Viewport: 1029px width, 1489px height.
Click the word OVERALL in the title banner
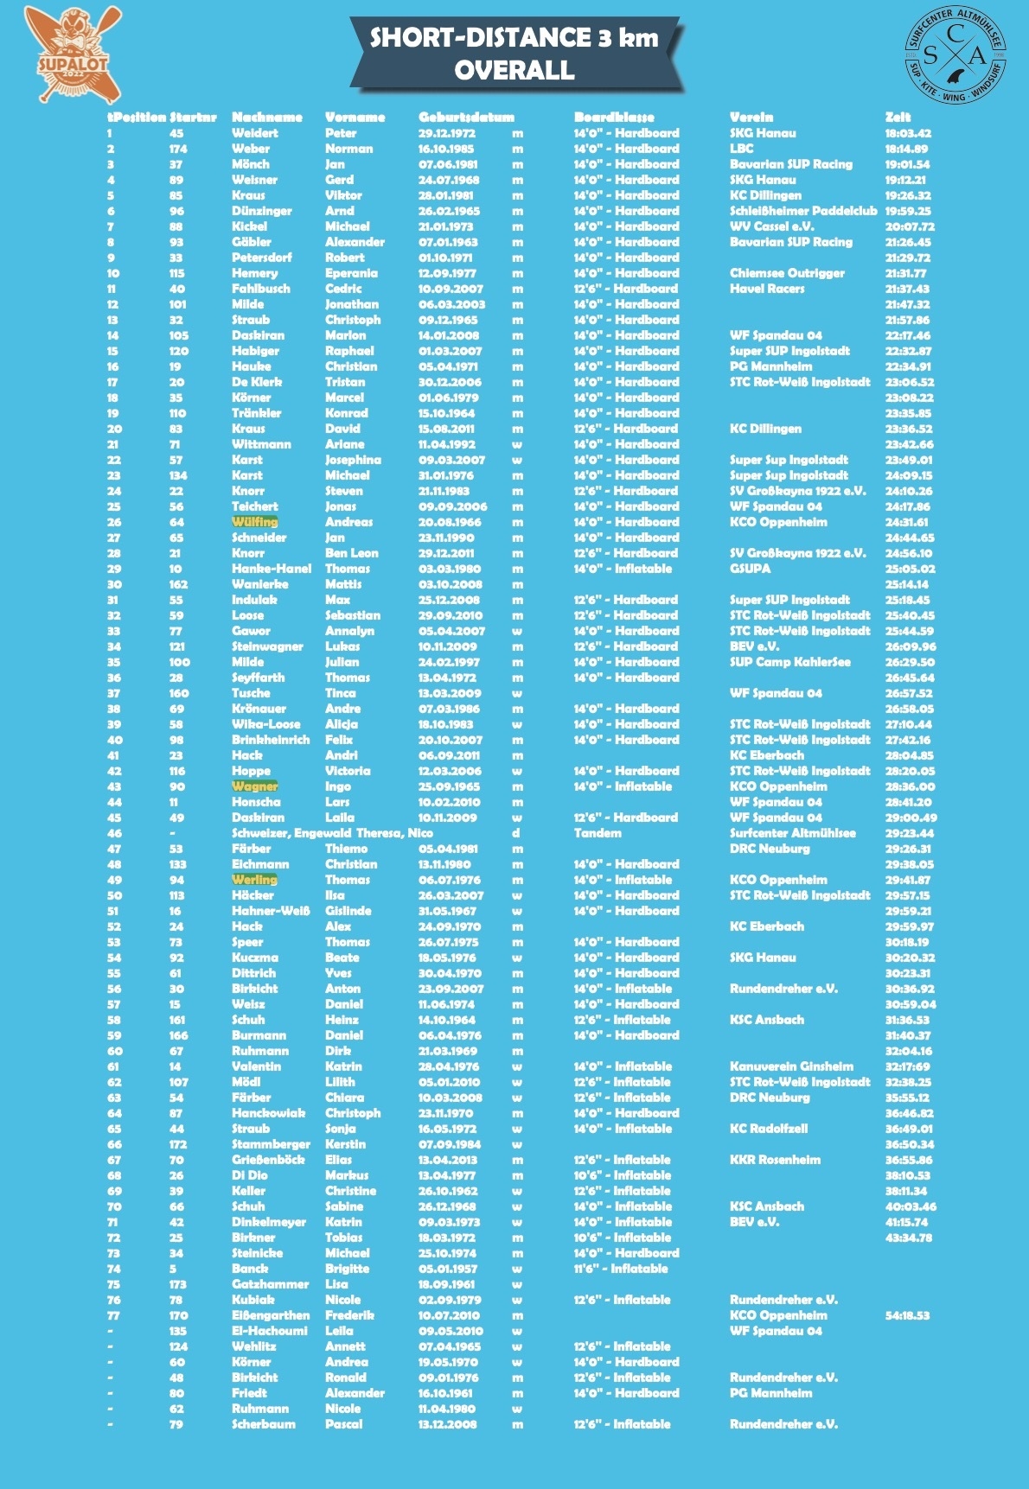pos(514,70)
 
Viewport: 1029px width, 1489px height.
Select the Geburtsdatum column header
pos(466,117)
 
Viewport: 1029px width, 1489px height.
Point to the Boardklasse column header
pos(614,117)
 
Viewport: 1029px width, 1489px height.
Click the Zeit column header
pos(898,117)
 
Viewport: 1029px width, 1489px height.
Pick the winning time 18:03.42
pos(908,133)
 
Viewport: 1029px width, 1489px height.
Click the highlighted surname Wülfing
pos(254,522)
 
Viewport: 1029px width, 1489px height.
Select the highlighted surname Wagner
pos(254,786)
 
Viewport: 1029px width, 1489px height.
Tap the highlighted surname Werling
pos(254,880)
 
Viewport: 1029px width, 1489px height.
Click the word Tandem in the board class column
pos(598,833)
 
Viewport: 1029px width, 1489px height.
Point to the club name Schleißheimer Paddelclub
pos(803,211)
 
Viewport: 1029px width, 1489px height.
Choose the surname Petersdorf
pos(261,258)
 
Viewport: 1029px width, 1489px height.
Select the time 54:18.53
pos(907,1315)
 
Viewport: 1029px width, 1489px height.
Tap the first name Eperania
pos(351,273)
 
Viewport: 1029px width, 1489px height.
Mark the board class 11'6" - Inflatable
pos(621,1269)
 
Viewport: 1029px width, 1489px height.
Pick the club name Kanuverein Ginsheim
pos(791,1066)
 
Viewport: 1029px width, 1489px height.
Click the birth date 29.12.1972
pos(446,133)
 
